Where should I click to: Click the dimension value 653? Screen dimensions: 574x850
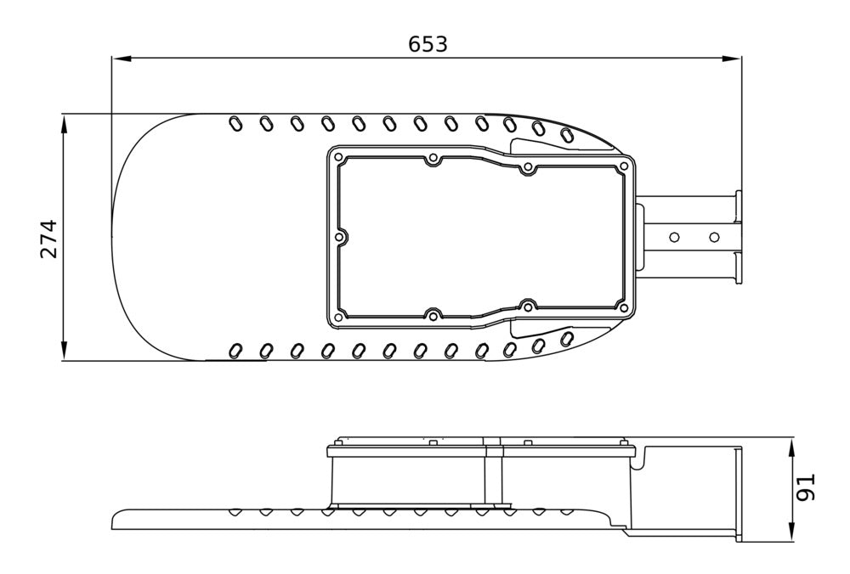pos(428,44)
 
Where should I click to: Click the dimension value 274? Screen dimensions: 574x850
pos(49,239)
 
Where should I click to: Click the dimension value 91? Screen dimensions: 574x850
pos(807,488)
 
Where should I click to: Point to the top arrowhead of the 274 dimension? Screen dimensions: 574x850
pos(65,124)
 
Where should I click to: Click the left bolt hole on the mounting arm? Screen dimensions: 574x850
pos(675,236)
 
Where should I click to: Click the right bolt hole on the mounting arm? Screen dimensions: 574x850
pos(714,236)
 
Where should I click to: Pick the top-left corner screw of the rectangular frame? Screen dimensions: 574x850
pos(338,158)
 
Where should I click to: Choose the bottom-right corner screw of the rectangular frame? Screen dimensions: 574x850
pos(625,307)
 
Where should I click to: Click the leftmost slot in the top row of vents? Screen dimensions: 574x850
pos(235,124)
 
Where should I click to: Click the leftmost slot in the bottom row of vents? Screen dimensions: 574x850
pos(235,350)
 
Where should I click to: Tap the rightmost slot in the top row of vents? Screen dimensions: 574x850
pos(567,134)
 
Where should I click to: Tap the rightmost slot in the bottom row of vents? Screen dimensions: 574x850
pos(567,340)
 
